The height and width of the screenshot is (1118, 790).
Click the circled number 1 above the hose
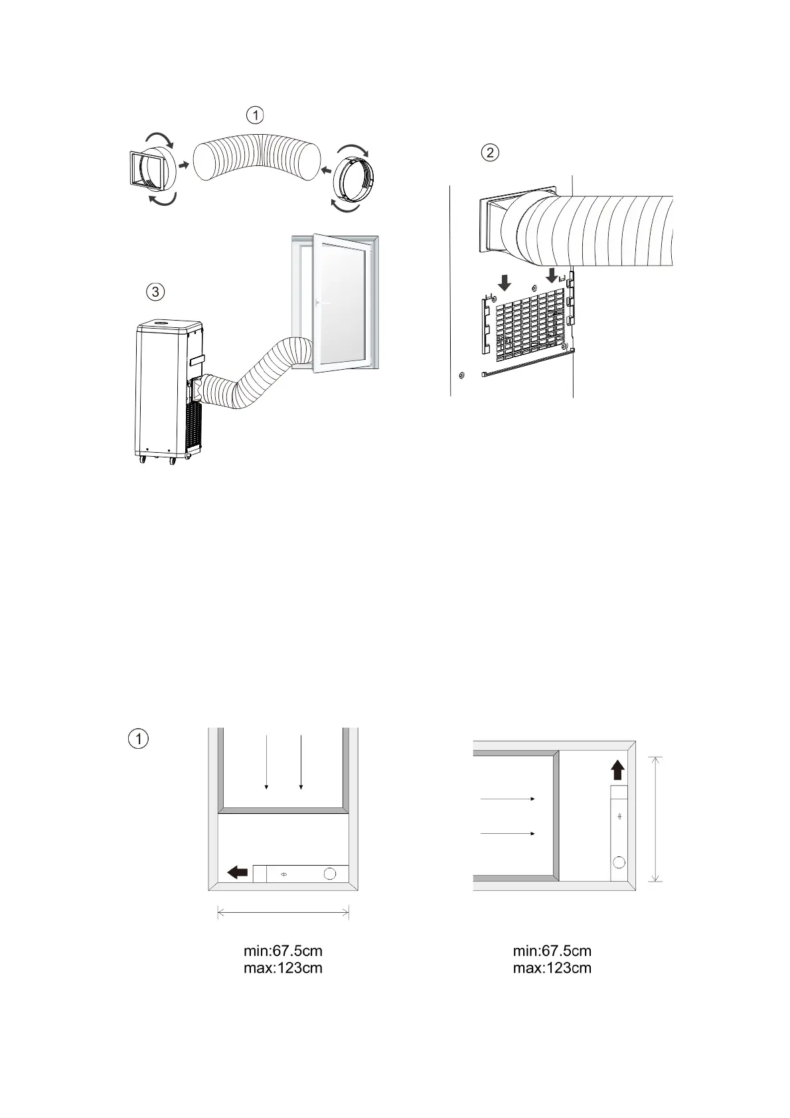[255, 115]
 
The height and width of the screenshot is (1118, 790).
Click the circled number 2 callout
[489, 153]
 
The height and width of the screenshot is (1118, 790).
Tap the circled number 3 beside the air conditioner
[155, 291]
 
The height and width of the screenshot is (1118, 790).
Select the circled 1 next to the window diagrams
[137, 738]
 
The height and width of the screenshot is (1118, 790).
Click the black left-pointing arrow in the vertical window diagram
[237, 872]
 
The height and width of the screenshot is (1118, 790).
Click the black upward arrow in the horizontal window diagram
[617, 770]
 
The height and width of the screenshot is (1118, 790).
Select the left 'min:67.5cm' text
[283, 951]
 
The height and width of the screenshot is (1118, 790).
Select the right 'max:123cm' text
[552, 968]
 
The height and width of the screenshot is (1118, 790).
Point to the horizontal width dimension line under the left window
[283, 914]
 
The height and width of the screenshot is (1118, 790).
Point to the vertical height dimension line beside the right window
[655, 819]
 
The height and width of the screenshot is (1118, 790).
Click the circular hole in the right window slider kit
[619, 862]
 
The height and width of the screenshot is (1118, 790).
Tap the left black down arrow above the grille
[505, 283]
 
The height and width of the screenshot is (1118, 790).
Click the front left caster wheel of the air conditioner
[142, 460]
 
